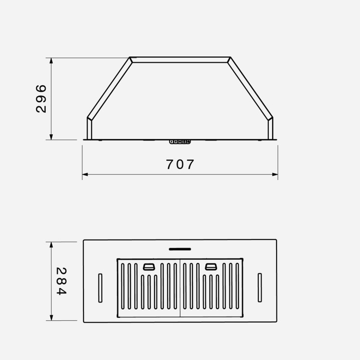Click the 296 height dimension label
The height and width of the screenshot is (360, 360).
(x=41, y=99)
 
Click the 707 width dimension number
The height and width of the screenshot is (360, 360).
(x=180, y=164)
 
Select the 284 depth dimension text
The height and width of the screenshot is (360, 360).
(x=61, y=281)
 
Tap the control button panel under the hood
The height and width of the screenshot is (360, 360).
(x=180, y=142)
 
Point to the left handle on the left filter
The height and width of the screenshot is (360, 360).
(x=149, y=266)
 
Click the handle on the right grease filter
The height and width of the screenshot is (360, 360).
(x=211, y=266)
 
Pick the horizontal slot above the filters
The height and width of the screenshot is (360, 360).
(x=180, y=249)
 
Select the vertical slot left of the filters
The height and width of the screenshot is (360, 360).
(x=100, y=288)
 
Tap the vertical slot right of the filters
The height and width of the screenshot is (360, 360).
(x=260, y=288)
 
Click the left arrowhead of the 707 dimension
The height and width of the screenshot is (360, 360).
(x=85, y=175)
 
